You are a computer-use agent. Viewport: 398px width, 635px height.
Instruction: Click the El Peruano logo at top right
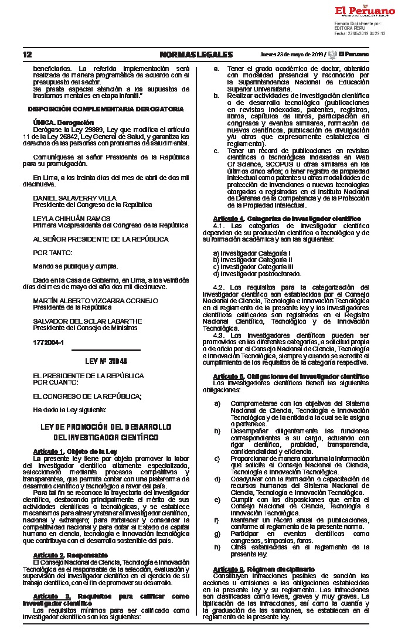coord(365,11)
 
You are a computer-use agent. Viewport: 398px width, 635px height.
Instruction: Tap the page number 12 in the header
coord(28,55)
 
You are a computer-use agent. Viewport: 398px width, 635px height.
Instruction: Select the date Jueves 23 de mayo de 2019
coord(292,55)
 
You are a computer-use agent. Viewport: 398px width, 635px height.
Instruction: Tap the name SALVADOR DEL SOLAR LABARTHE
coord(87,321)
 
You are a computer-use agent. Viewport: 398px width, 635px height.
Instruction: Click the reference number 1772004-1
coord(48,341)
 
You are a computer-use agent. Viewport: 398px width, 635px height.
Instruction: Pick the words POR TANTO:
coord(53,252)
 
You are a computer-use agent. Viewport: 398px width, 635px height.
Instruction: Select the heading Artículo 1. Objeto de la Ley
coord(75,451)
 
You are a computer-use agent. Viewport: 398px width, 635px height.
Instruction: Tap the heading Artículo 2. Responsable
coord(70,554)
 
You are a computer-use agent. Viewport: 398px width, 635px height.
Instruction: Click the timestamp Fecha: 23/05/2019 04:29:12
coord(360,33)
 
